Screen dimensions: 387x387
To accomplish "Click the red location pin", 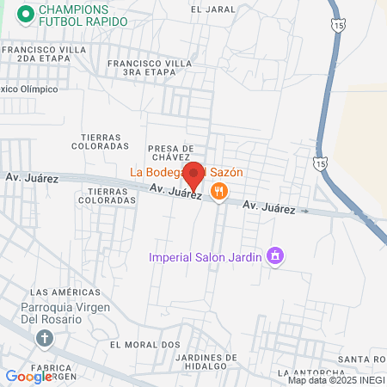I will [x=194, y=175].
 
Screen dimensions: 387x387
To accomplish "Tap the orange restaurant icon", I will [x=219, y=193].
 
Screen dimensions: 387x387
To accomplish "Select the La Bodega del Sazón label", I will [x=187, y=171].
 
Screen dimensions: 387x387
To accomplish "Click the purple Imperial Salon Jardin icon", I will [x=275, y=255].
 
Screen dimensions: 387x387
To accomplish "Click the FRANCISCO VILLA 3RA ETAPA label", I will [x=148, y=69].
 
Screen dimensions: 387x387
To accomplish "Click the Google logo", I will [x=28, y=376].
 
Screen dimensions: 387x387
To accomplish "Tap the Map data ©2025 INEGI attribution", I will [x=335, y=380].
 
